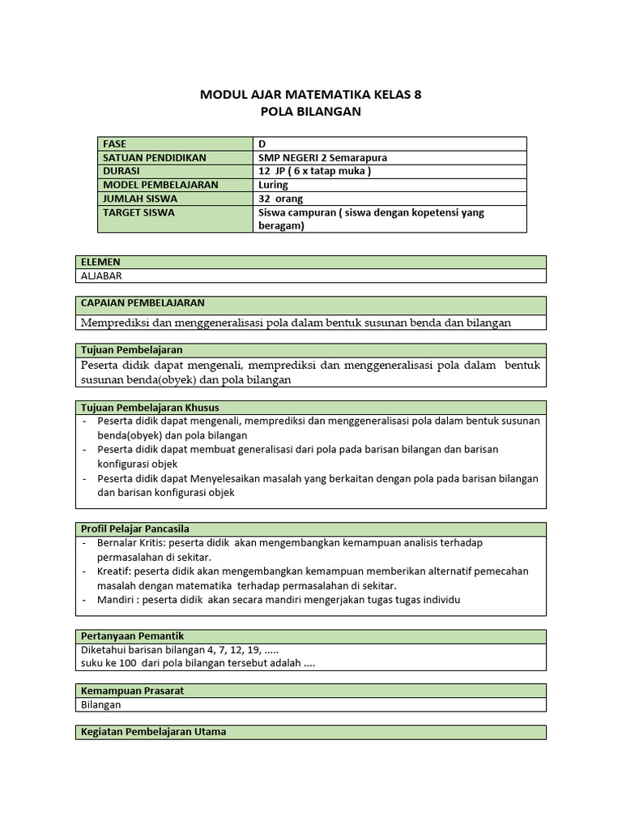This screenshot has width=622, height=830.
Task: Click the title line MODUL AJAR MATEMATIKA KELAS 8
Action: pos(310,95)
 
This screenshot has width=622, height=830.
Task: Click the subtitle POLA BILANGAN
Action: pos(310,112)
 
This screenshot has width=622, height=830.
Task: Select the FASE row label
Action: pos(115,143)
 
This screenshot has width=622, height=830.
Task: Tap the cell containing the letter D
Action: pos(262,143)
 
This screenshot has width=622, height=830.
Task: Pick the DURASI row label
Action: pos(121,171)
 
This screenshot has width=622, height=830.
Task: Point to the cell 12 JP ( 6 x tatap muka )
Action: pos(313,171)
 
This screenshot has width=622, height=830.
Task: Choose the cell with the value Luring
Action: pos(273,185)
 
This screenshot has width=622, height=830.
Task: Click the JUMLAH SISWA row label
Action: pos(140,199)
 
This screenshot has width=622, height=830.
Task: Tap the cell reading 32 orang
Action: pos(280,199)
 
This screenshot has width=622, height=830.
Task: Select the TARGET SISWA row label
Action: pos(138,212)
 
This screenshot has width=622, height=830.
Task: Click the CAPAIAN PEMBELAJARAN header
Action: pos(143,303)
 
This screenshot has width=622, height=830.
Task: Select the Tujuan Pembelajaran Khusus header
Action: pos(150,407)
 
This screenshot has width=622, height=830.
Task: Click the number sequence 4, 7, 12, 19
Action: pos(234,649)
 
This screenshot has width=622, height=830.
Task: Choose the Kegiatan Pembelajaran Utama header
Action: pos(153,731)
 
